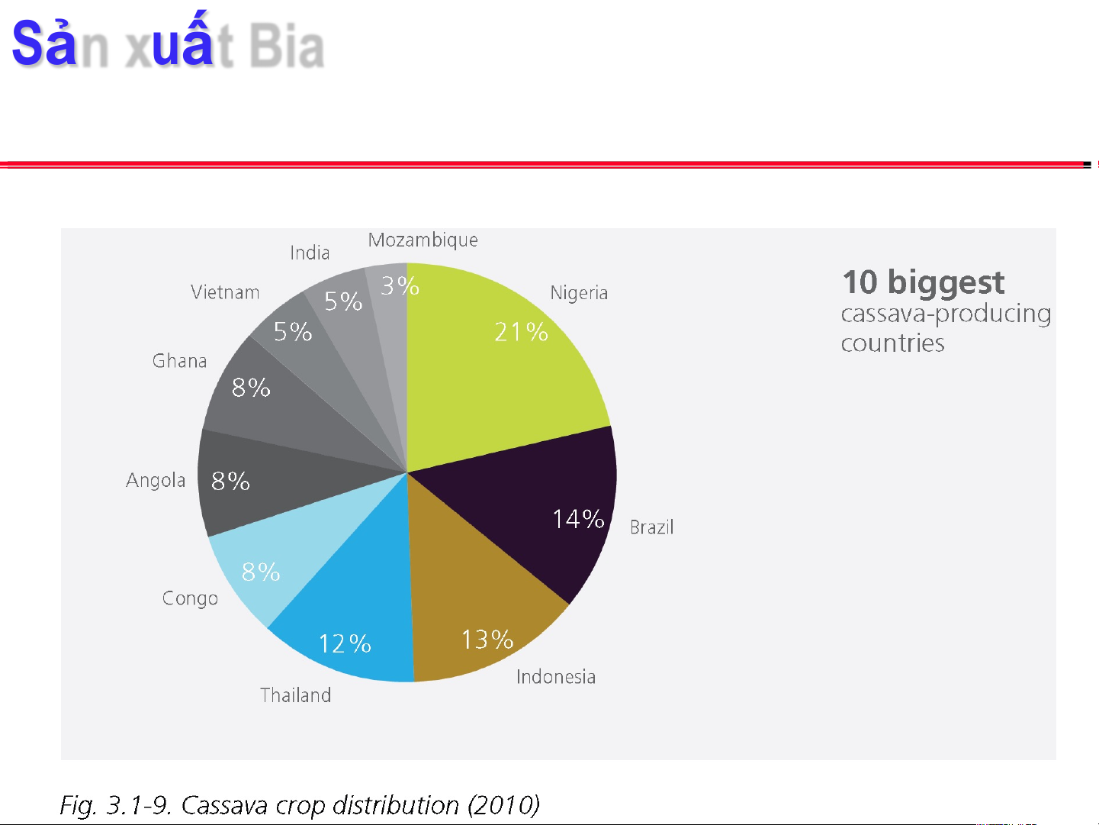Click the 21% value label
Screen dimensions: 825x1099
pos(521,332)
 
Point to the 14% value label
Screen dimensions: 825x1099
pos(578,520)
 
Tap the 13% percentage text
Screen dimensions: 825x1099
pos(487,640)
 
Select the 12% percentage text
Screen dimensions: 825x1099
pos(345,644)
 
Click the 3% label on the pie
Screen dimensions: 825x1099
pos(400,286)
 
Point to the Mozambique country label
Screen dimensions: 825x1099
pos(423,240)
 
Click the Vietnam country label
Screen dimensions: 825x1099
pos(225,293)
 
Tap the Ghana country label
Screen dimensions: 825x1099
pos(180,361)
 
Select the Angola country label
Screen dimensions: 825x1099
pos(156,481)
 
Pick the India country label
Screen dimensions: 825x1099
pos(310,253)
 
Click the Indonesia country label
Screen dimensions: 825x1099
pos(556,677)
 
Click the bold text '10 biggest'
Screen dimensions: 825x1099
pos(923,283)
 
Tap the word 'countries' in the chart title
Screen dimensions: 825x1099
pos(892,343)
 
